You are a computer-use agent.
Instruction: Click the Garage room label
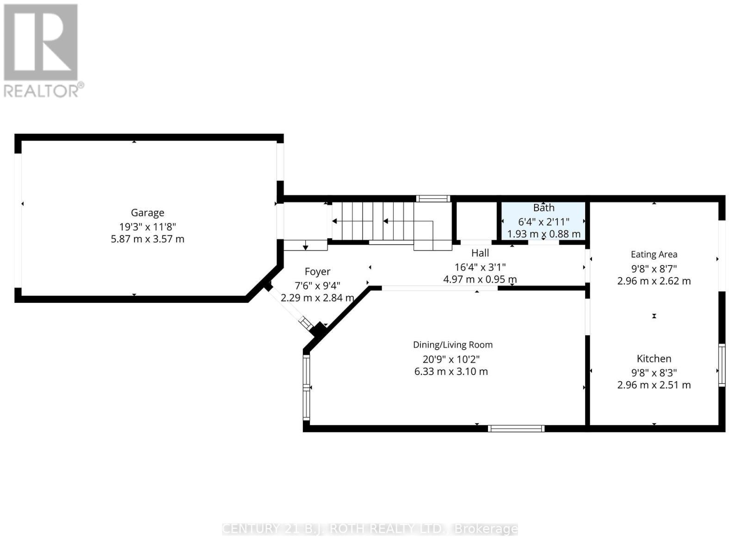click(x=148, y=213)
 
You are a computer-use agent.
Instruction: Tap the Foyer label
click(x=317, y=271)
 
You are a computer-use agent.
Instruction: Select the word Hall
click(x=480, y=253)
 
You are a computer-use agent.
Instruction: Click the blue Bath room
click(x=543, y=221)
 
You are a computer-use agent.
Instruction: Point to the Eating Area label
click(x=654, y=254)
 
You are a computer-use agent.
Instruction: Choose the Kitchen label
click(x=654, y=358)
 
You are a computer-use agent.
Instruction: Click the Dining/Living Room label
click(x=453, y=345)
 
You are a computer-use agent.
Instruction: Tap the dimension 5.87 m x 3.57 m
click(x=148, y=239)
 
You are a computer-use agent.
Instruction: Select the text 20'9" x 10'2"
click(x=451, y=359)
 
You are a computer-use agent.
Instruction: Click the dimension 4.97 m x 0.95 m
click(x=480, y=279)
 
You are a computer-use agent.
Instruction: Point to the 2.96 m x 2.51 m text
click(x=654, y=385)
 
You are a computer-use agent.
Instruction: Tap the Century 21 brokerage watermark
click(x=370, y=529)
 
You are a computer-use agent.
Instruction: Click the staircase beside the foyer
click(x=384, y=222)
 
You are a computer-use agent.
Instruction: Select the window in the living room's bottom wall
click(x=516, y=428)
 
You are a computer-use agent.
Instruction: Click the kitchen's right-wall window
click(x=721, y=365)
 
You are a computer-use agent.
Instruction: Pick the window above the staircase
click(x=433, y=199)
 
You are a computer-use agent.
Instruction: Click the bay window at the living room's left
click(x=306, y=387)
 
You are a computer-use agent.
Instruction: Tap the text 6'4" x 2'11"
click(x=543, y=222)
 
